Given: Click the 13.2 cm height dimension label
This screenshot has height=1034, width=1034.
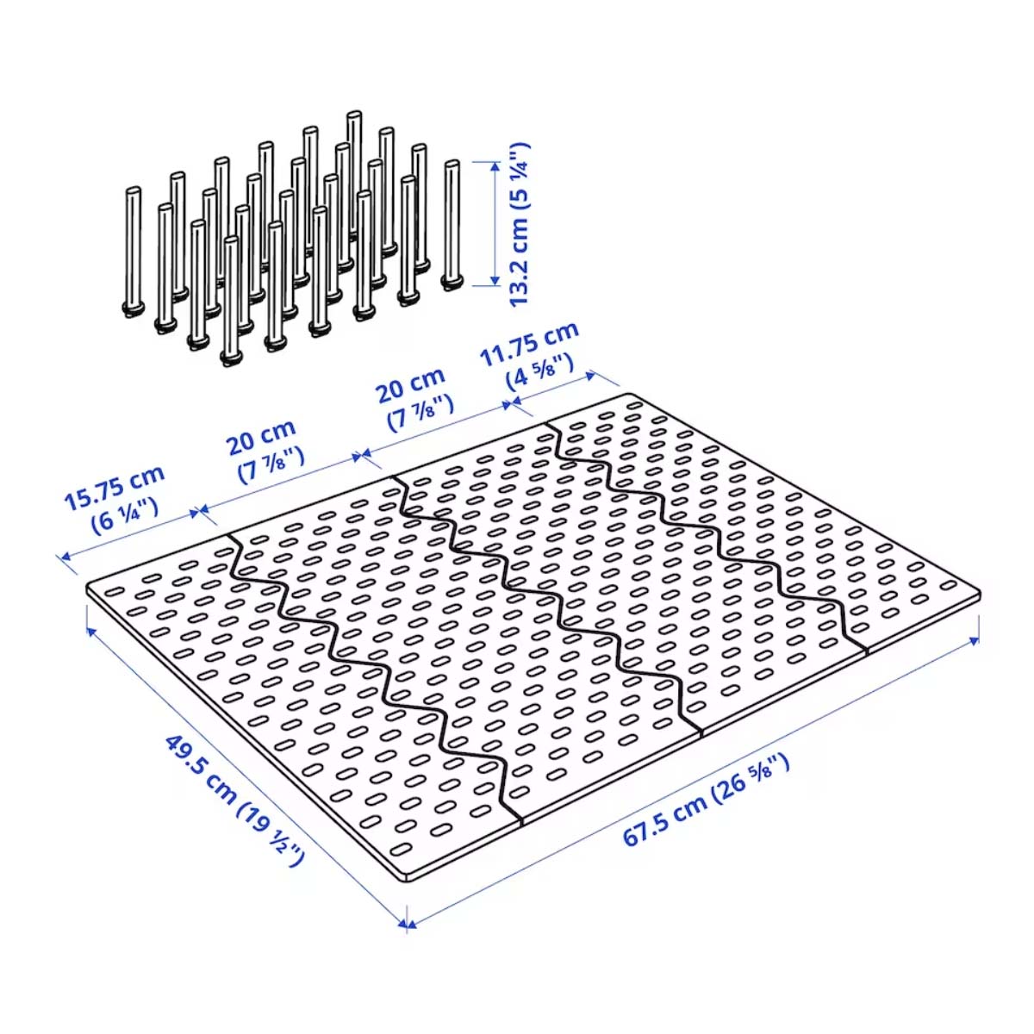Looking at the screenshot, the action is (520, 224).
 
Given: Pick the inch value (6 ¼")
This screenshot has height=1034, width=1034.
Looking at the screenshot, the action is (124, 515).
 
